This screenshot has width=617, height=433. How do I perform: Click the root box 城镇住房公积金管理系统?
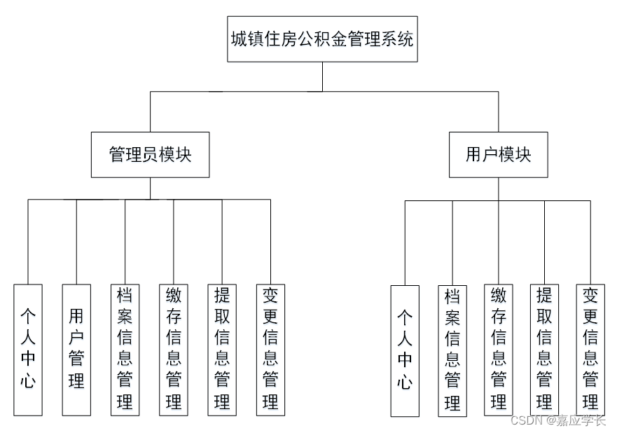pos(322,39)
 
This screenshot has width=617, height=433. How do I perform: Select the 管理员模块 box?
pos(150,154)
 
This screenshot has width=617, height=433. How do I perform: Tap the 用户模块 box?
pos(498,154)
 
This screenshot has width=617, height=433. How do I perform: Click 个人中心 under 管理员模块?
pos(28,349)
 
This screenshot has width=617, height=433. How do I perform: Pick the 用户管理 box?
pos(76,349)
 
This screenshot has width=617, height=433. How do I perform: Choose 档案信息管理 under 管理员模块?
pos(125,349)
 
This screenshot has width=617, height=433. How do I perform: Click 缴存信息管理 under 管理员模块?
pos(173,349)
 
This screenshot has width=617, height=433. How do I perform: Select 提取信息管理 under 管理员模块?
pos(222,349)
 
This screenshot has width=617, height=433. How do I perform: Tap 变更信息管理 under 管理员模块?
pos(270,349)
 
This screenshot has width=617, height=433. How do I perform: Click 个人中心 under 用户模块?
pos(405,350)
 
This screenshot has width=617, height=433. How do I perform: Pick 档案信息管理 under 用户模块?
pos(452,350)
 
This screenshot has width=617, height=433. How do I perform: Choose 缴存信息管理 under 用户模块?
pos(498,350)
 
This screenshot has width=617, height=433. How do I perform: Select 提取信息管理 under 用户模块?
pos(544,350)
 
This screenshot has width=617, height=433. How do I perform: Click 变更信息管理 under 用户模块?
pos(590,350)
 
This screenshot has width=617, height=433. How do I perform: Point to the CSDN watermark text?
pos(558,420)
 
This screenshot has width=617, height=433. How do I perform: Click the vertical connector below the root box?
pos(322,76)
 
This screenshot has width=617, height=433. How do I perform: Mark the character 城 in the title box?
pos(239,39)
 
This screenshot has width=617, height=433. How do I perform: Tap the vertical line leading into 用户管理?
pos(76,242)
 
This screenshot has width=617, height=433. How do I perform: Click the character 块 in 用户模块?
pos(523,154)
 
